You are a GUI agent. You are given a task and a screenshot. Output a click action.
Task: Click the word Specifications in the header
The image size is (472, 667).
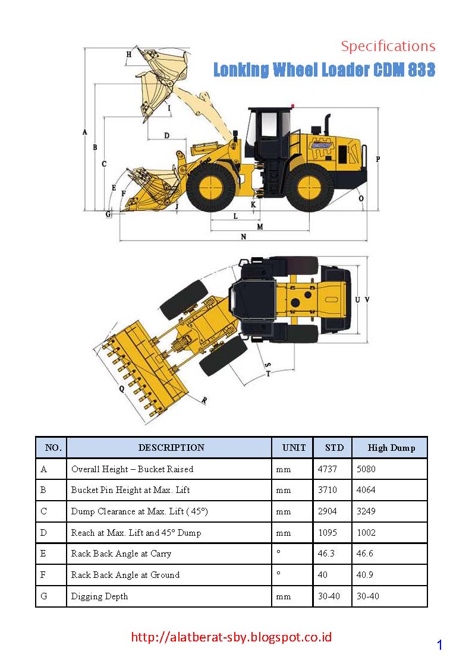click(x=388, y=46)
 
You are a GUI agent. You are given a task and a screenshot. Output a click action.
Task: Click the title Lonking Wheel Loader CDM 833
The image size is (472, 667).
click(x=324, y=70)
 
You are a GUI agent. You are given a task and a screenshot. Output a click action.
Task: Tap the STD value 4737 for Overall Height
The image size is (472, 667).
click(x=328, y=469)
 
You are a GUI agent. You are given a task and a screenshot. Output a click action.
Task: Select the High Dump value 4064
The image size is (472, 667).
click(x=366, y=491)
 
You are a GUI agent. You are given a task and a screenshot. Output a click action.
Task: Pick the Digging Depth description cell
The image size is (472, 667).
click(x=100, y=596)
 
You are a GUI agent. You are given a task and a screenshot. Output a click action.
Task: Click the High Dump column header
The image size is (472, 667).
click(x=391, y=448)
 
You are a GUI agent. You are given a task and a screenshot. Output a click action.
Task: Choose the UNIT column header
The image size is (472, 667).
click(x=294, y=448)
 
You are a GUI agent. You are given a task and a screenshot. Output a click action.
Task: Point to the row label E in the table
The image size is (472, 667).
click(x=44, y=554)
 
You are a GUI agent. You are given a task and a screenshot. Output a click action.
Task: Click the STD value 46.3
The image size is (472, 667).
click(x=326, y=554)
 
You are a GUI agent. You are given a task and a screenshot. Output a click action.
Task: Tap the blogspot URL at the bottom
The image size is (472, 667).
click(x=231, y=637)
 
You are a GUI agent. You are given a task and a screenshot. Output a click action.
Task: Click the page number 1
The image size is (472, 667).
click(x=439, y=646)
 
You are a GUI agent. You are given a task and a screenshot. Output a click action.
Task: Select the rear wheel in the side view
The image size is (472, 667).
click(x=309, y=188)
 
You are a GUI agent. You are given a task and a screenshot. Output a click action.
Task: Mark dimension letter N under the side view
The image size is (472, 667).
click(x=243, y=236)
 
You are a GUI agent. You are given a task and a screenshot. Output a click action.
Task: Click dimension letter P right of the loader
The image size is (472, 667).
click(x=378, y=159)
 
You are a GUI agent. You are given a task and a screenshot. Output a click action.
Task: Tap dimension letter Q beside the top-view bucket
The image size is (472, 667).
click(x=121, y=389)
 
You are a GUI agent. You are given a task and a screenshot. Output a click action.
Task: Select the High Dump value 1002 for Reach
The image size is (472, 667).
click(x=366, y=533)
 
